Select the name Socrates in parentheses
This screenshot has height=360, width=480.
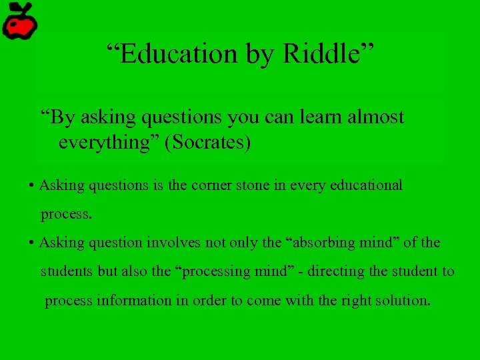point(210,143)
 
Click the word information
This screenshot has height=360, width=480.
point(135,300)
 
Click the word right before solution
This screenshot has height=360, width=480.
point(361,300)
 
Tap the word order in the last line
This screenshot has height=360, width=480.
point(211,300)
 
